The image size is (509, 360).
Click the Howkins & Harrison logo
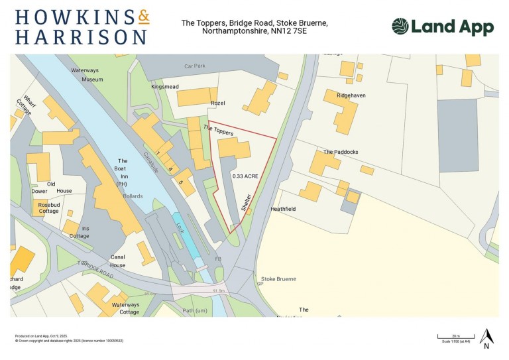[x=82, y=27]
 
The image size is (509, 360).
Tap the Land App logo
[x=442, y=27]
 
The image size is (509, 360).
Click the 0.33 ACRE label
[x=245, y=176]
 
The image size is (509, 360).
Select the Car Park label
[x=196, y=66]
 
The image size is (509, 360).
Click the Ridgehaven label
[x=351, y=95]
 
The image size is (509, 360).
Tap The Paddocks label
[x=341, y=152]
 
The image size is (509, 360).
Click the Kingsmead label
[x=166, y=87]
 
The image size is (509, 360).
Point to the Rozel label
[x=218, y=103]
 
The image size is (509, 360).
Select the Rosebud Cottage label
[x=48, y=208]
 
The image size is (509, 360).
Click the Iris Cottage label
[x=80, y=231]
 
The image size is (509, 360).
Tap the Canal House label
[x=118, y=261]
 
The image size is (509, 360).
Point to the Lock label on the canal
[x=180, y=227]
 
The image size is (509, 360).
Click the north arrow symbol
[x=486, y=337]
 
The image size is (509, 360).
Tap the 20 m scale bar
[x=455, y=337]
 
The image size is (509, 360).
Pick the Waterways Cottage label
[x=125, y=308]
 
